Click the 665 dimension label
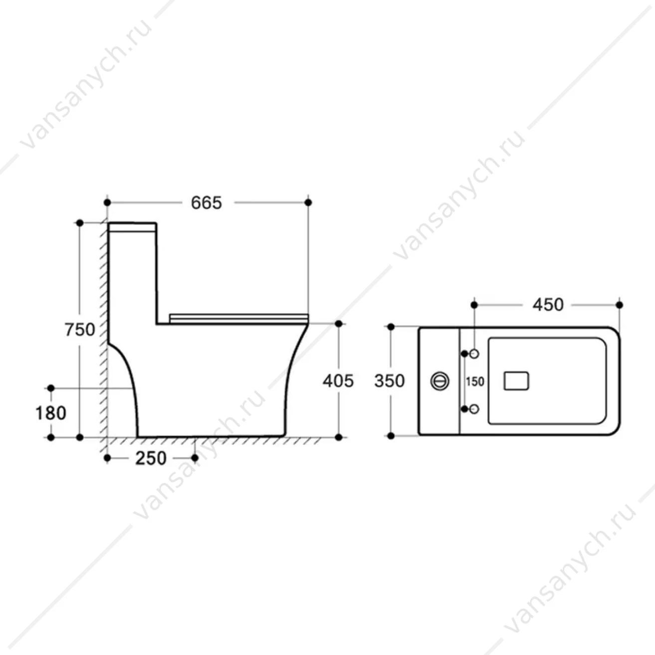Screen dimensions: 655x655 click(x=207, y=203)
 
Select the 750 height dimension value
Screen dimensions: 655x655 click(x=80, y=329)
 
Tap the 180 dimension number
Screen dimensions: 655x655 click(x=51, y=414)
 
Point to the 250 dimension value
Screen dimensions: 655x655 click(x=151, y=458)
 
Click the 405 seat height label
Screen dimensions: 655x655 click(x=338, y=381)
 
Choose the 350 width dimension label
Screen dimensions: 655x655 click(x=390, y=381)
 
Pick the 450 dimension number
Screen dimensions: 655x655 click(x=548, y=305)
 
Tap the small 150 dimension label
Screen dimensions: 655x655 click(x=475, y=382)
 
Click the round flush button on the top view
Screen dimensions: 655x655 click(x=440, y=381)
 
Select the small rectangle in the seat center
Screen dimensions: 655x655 click(x=516, y=381)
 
